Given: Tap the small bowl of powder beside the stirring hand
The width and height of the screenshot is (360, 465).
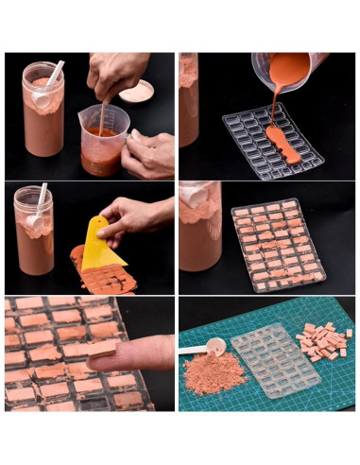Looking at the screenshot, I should coord(137,91).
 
